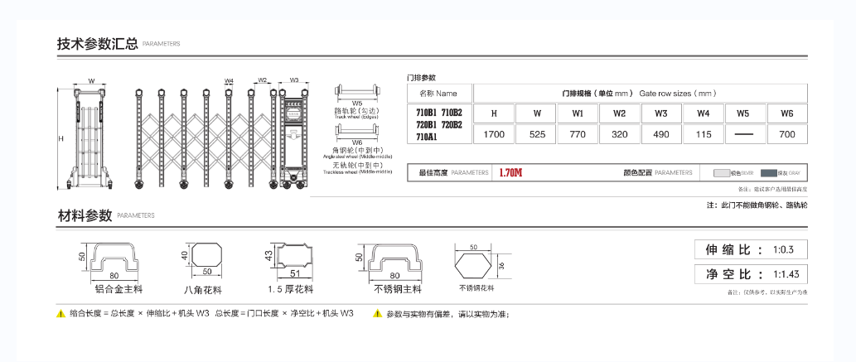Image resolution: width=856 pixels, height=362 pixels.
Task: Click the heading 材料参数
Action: click(85, 215)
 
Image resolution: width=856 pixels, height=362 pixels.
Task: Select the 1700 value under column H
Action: click(494, 133)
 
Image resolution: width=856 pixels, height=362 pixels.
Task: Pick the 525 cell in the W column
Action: click(537, 133)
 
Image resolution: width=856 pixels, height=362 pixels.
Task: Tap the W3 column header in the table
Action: click(661, 113)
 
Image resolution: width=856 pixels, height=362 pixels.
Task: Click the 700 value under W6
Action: click(787, 133)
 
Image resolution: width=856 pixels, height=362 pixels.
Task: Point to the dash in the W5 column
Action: click(744, 133)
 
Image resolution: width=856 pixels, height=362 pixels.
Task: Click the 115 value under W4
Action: click(704, 133)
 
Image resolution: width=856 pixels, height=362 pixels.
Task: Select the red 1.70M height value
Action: click(510, 173)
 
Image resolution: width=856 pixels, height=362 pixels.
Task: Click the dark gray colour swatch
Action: click(768, 173)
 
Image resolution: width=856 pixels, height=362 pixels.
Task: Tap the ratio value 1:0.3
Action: click(783, 249)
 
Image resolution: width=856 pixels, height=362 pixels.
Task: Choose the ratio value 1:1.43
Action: click(785, 274)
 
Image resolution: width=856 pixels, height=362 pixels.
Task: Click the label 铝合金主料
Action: click(118, 290)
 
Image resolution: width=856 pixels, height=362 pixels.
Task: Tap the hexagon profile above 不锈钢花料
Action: click(474, 265)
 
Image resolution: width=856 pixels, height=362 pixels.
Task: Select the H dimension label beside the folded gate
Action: click(60, 139)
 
